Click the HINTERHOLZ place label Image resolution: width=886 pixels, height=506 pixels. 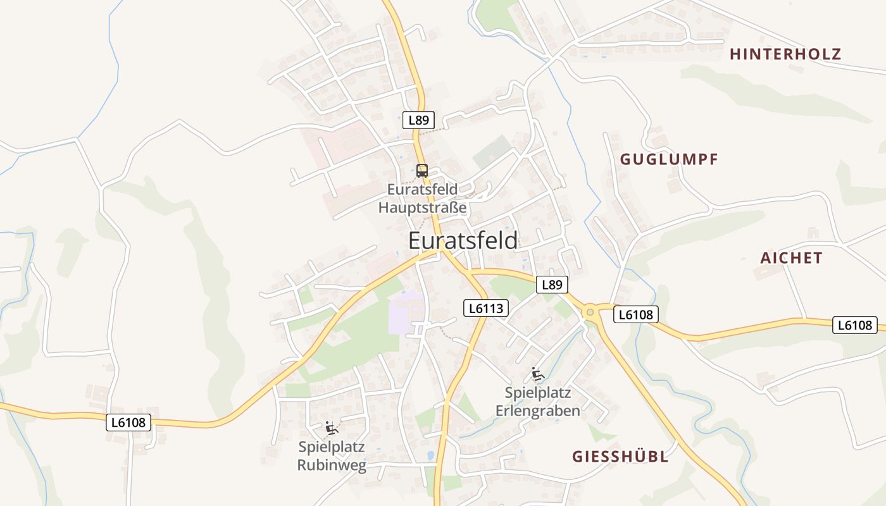point(785,54)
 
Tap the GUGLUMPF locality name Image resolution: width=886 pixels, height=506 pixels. point(669,159)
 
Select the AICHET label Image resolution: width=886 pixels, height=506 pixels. point(791,258)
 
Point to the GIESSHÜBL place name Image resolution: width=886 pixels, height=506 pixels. point(620,457)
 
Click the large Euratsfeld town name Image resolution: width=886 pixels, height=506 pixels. point(463,241)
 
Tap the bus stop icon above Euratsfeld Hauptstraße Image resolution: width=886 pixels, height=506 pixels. point(422,170)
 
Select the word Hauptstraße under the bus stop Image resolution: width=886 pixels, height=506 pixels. point(422,207)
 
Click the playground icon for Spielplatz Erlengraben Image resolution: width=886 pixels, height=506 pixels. point(538,374)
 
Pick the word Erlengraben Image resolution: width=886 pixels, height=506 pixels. point(538,411)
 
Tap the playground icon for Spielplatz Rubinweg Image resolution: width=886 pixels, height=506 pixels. point(331,428)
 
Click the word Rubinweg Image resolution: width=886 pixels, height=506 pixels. point(332,466)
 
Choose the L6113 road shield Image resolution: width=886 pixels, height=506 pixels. point(485,308)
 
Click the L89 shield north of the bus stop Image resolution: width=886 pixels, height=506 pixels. point(418,120)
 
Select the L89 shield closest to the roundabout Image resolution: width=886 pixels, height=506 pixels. point(552,285)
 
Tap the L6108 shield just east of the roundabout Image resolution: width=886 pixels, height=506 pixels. point(636,314)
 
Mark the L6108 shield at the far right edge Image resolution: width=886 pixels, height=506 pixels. point(854,325)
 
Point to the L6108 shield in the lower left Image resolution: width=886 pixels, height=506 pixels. point(128,423)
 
